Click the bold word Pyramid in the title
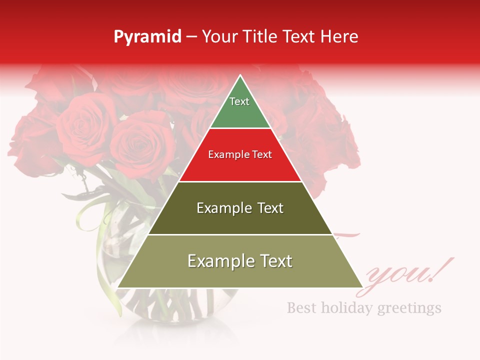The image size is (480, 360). (x=147, y=37)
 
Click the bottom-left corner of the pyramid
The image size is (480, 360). (x=118, y=287)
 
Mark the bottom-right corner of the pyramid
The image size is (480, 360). (x=362, y=287)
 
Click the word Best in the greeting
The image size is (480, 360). (x=301, y=307)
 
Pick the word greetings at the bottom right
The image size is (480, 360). (x=409, y=308)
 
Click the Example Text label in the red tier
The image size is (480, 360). (x=240, y=154)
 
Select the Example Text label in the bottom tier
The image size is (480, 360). (x=240, y=261)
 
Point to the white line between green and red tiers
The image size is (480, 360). (x=240, y=128)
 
